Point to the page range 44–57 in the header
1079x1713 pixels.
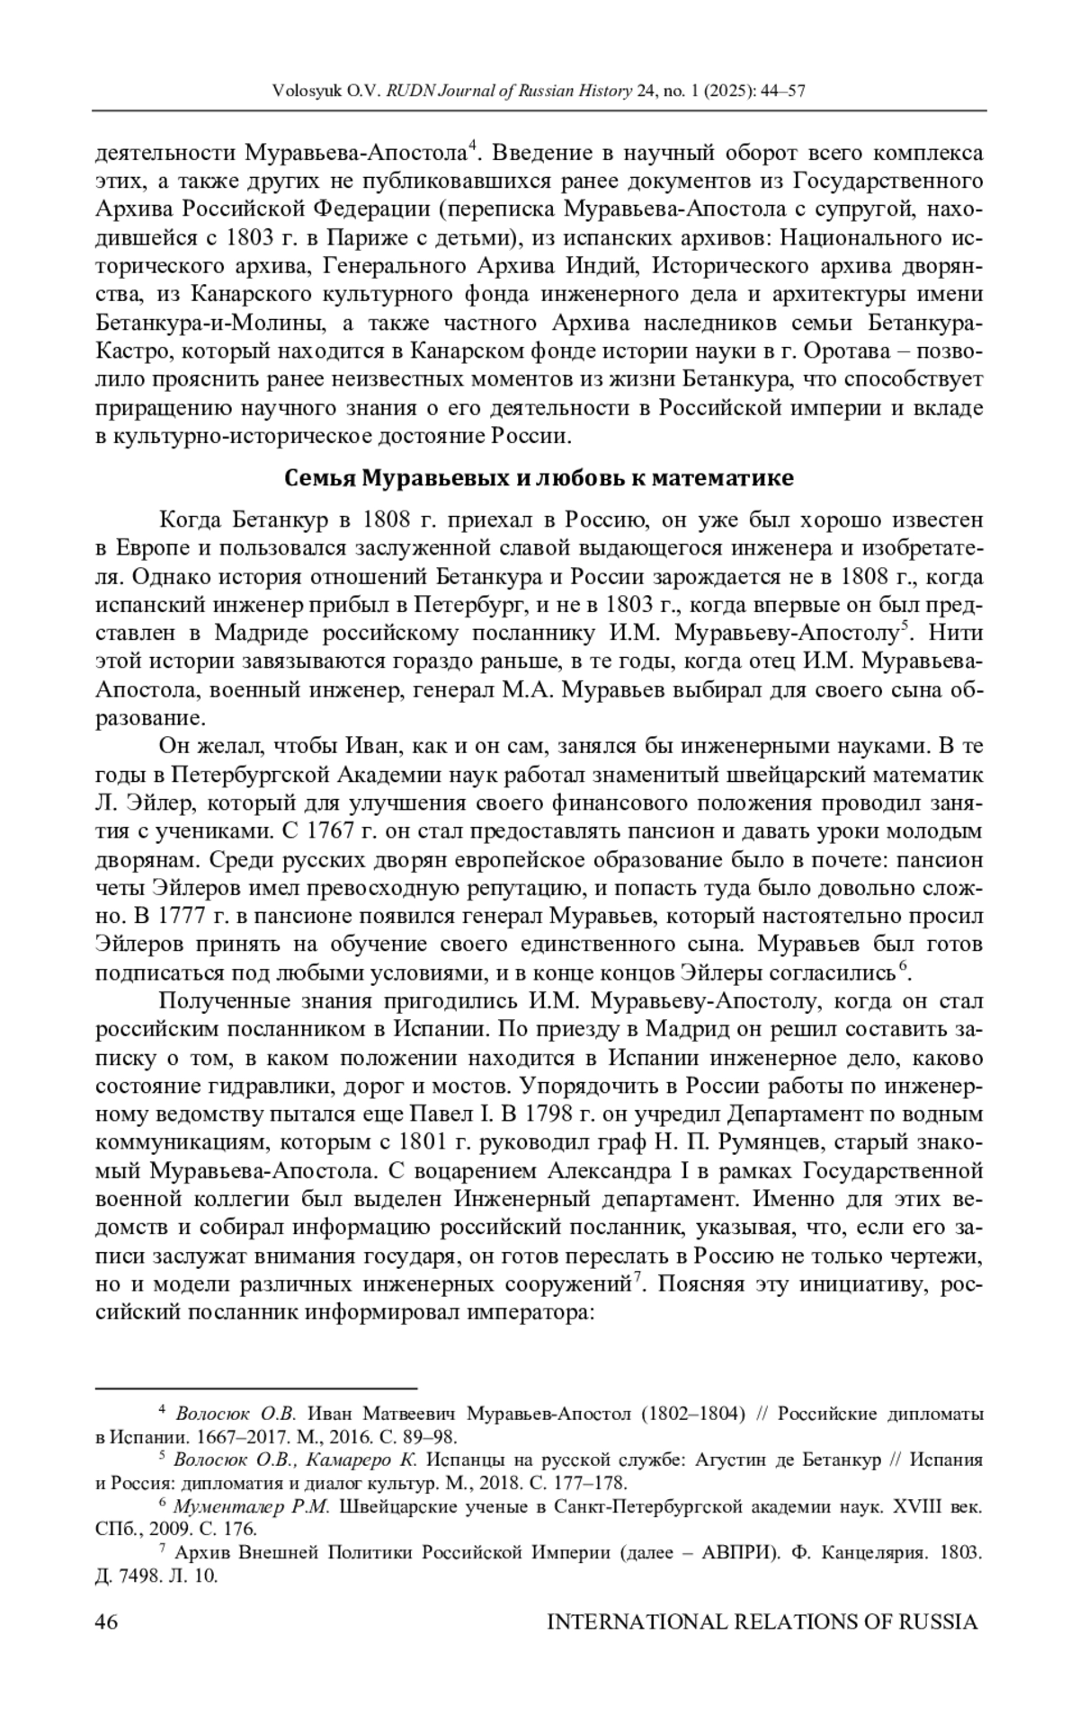pyautogui.click(x=783, y=92)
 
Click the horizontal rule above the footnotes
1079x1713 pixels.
pyautogui.click(x=255, y=1389)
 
